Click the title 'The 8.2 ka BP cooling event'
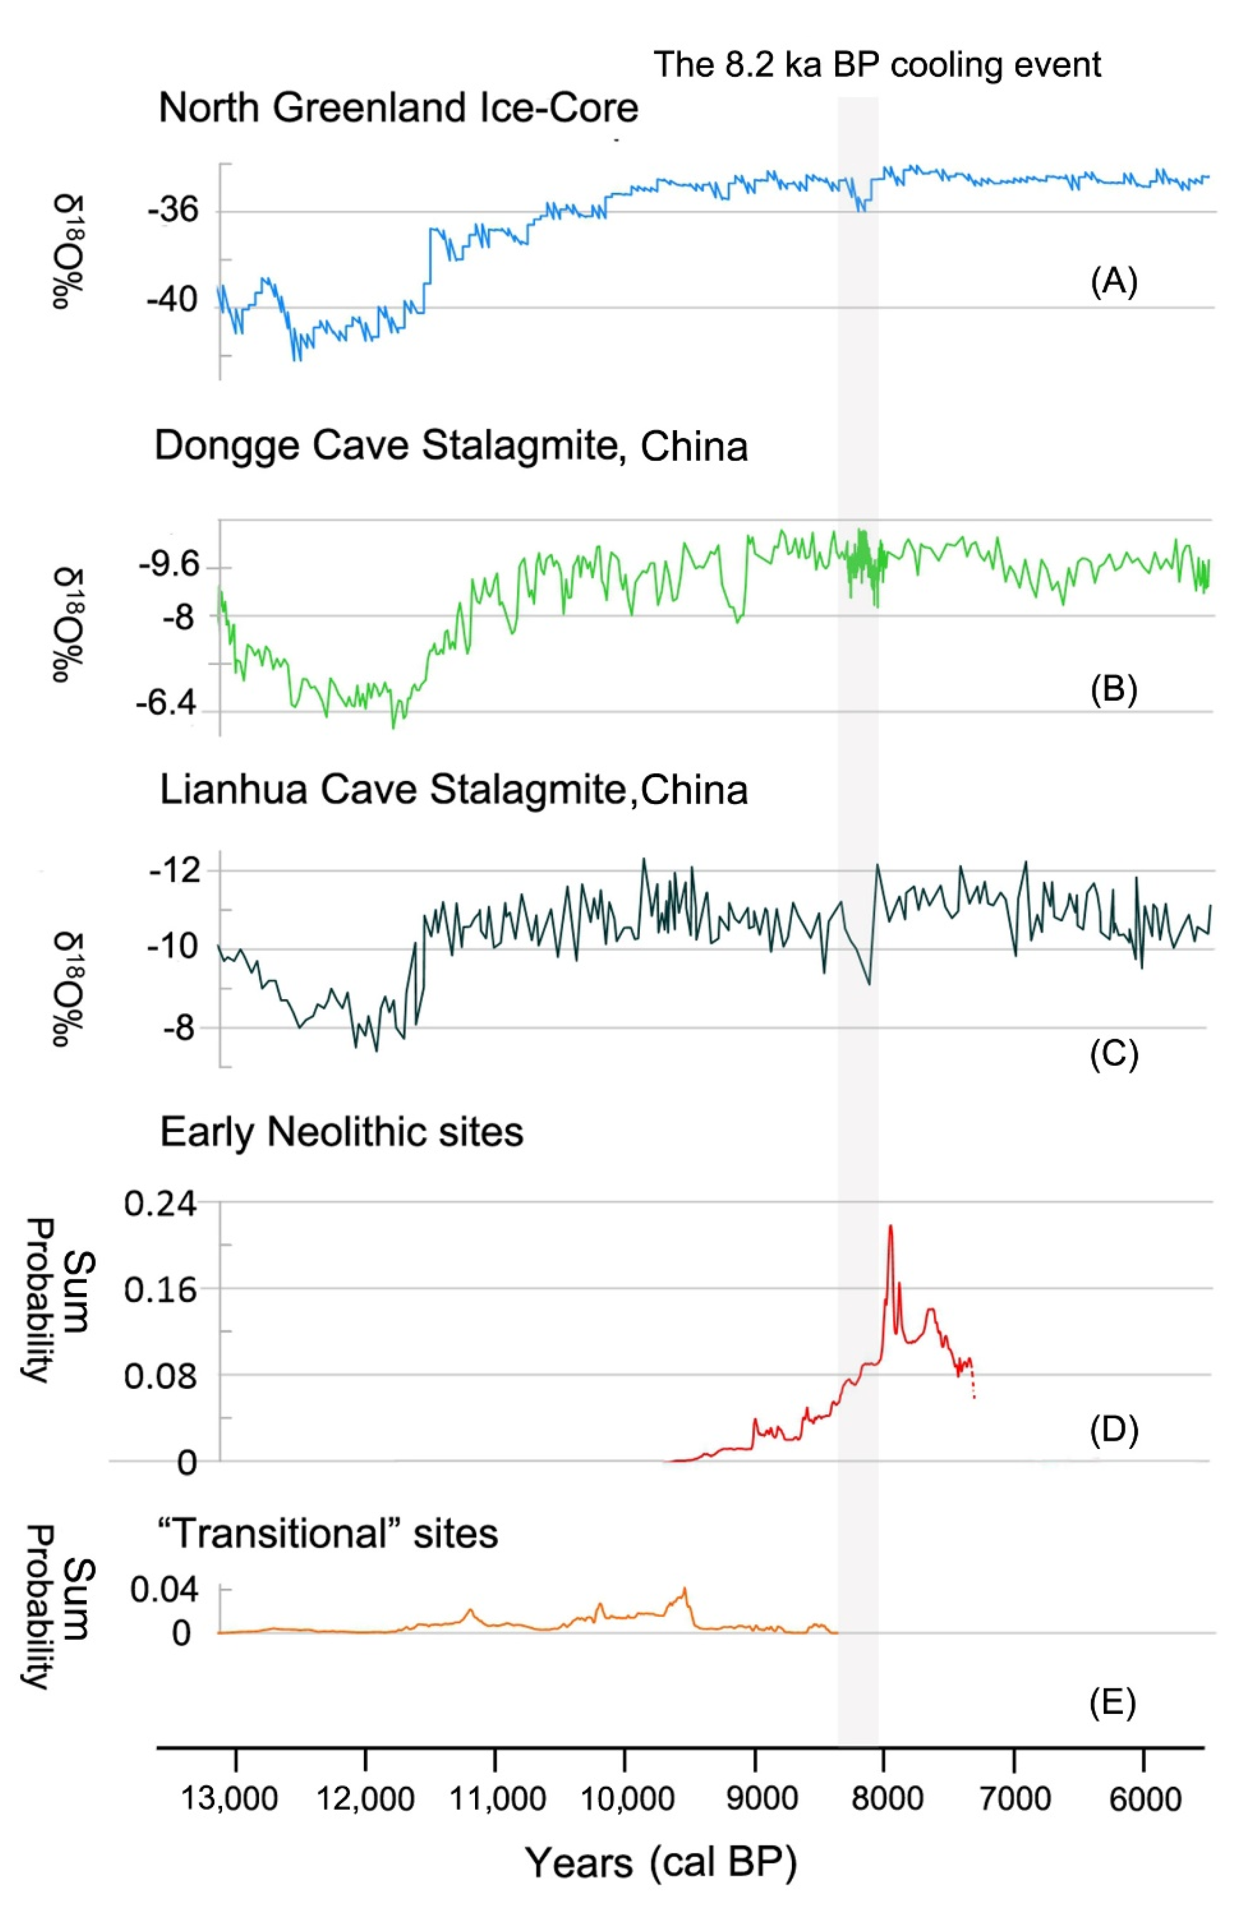tap(877, 64)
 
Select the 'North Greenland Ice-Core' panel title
tap(398, 108)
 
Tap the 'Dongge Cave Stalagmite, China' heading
tap(451, 446)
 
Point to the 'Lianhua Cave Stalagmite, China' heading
tap(453, 790)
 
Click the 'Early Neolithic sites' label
tap(342, 1132)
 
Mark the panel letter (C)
tap(1114, 1055)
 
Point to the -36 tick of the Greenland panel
tap(172, 211)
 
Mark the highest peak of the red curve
tap(890, 1226)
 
